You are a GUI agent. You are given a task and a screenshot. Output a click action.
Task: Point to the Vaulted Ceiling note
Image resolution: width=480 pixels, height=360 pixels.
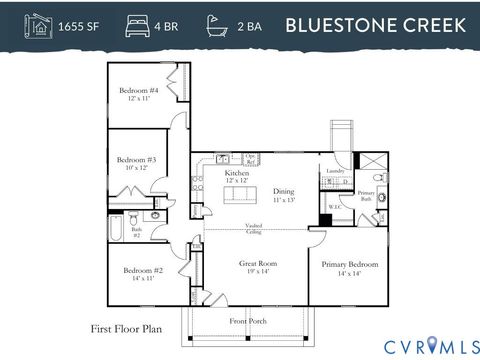coord(255,229)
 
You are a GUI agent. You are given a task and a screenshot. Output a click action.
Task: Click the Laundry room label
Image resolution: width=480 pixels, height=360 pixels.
coord(336,171)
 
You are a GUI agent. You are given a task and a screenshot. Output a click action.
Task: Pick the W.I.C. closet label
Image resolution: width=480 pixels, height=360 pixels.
coord(337,207)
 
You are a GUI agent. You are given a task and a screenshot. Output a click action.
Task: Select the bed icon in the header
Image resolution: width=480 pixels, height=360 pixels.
coord(137,24)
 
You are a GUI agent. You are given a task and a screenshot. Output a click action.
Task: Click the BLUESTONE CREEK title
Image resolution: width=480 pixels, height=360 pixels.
coord(375,24)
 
